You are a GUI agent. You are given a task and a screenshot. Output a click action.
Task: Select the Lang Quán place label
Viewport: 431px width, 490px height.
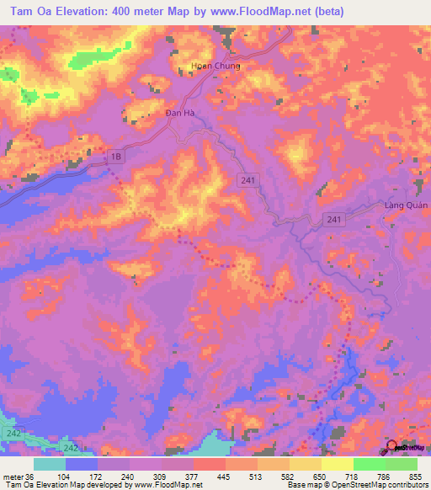tap(407, 205)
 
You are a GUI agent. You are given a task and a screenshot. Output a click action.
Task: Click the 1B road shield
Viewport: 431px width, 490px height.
tap(115, 156)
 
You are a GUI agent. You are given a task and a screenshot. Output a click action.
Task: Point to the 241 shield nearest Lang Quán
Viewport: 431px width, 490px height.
tap(334, 220)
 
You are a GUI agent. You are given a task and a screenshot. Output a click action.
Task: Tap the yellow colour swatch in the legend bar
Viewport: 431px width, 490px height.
tap(338, 464)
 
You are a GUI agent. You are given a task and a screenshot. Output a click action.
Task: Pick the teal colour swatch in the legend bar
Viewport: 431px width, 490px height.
tap(50, 464)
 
